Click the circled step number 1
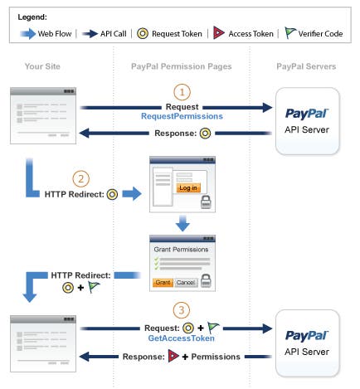point(182,92)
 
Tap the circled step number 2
point(80,178)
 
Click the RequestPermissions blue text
point(182,118)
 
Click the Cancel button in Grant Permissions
point(186,282)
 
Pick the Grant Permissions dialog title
point(181,248)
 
